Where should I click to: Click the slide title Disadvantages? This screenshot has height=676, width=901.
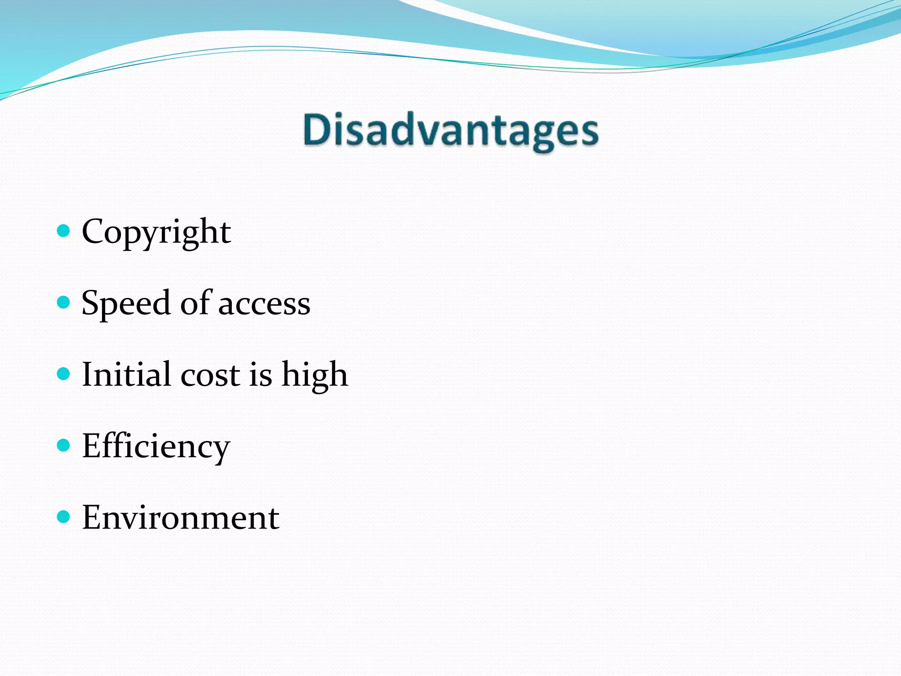pyautogui.click(x=451, y=131)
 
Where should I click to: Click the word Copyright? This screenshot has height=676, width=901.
pyautogui.click(x=156, y=231)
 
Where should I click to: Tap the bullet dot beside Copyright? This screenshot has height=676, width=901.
pyautogui.click(x=64, y=230)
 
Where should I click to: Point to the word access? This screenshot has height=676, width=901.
pyautogui.click(x=264, y=304)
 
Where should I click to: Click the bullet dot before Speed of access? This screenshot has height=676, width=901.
pyautogui.click(x=64, y=302)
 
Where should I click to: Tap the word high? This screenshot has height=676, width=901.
pyautogui.click(x=315, y=375)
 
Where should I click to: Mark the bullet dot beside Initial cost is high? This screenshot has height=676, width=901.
pyautogui.click(x=64, y=374)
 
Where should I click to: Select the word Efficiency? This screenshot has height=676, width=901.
pyautogui.click(x=156, y=446)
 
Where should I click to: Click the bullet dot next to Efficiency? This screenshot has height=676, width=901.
pyautogui.click(x=64, y=445)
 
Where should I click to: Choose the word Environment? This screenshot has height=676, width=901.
pyautogui.click(x=180, y=518)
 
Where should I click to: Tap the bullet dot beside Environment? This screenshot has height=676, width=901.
pyautogui.click(x=64, y=516)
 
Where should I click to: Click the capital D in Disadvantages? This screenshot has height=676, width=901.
pyautogui.click(x=316, y=129)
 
